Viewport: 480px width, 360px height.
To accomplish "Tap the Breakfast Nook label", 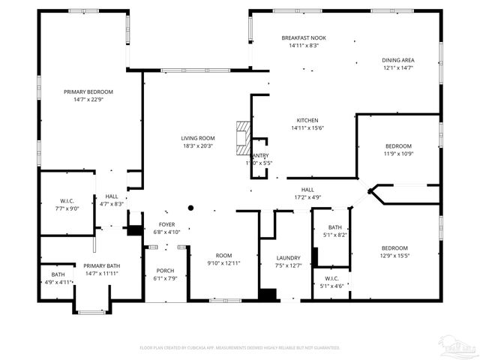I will (304, 37).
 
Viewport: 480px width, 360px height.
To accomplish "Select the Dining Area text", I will (397, 60).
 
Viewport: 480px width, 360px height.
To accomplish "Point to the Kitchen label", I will (307, 120).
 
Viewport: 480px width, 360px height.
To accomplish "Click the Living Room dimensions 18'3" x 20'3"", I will (197, 146).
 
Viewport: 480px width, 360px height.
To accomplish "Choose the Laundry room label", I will (288, 257).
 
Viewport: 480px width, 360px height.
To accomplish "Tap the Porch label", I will (165, 271).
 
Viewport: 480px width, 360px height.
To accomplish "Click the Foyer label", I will (166, 224).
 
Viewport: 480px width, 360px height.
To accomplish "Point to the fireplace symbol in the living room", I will (241, 135).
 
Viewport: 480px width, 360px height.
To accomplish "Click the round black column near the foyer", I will (191, 208).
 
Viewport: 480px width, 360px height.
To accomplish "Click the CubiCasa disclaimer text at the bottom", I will (240, 347).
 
